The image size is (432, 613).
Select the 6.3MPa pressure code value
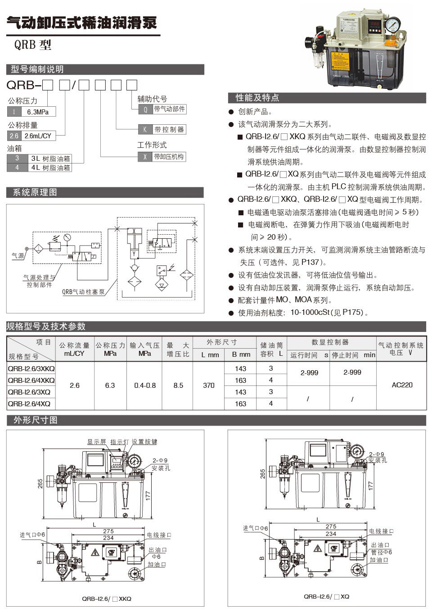[38, 112]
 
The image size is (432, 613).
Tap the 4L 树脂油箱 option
[49, 168]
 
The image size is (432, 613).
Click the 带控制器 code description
[169, 129]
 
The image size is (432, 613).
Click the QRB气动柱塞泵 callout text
[83, 292]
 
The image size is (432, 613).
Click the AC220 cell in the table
[402, 385]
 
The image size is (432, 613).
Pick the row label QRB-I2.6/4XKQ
[31, 380]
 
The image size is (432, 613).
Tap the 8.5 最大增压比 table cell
[178, 386]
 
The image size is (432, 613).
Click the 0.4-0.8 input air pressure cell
[145, 386]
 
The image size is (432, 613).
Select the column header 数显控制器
[330, 342]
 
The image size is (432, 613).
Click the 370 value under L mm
[208, 386]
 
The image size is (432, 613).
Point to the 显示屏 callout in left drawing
[96, 442]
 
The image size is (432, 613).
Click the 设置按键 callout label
[144, 442]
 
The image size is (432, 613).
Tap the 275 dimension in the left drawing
[108, 531]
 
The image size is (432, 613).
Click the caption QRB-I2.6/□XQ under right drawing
[326, 596]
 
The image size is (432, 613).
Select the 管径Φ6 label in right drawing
[381, 552]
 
